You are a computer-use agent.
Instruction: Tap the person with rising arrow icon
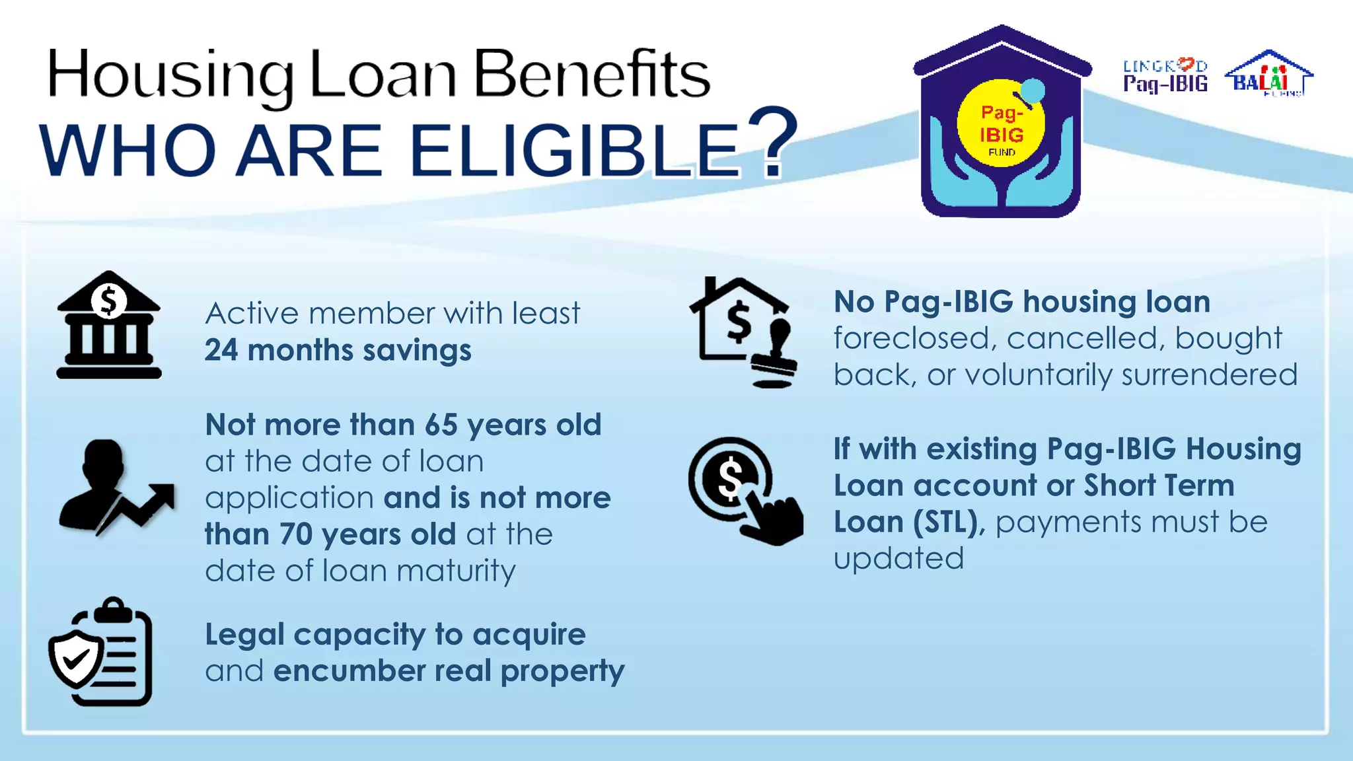116,487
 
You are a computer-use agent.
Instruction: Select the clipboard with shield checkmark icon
100,652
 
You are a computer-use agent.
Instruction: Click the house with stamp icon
744,332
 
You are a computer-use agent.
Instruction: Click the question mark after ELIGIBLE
772,144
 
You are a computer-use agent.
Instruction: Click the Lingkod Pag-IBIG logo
1165,76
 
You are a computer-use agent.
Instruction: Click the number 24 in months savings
221,350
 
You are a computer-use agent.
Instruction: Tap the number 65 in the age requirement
441,425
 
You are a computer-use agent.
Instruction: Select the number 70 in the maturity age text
295,534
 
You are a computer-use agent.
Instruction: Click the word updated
898,559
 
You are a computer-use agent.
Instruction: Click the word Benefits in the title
592,75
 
